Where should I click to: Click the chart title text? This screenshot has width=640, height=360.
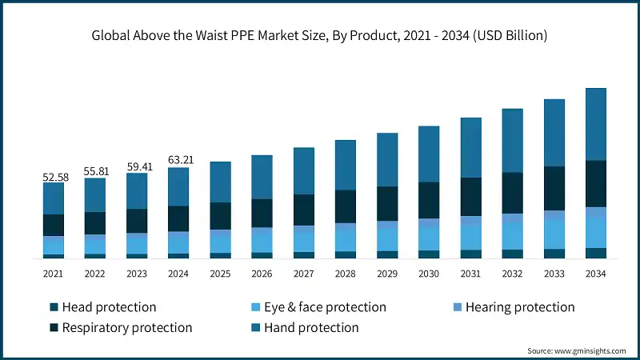320,34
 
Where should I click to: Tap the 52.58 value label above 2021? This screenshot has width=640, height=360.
54,176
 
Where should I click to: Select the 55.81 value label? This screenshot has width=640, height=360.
96,171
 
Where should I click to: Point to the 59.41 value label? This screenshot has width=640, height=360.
138,166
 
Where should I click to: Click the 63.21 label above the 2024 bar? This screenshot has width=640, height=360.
179,161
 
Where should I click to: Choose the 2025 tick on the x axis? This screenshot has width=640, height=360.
220,274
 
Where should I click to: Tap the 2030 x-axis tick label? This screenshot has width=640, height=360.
429,274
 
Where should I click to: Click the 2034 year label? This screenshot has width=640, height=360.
596,274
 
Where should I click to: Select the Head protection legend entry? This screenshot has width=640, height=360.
109,307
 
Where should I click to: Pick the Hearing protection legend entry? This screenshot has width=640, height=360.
519,307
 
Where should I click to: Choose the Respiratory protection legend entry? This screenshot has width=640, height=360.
126,327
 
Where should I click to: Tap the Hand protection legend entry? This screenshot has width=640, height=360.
310,327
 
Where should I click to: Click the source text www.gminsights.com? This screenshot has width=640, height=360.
579,350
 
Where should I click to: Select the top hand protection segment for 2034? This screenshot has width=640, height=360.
596,124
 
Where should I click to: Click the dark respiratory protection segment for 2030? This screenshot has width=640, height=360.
429,200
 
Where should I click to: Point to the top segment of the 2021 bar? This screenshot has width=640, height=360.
54,198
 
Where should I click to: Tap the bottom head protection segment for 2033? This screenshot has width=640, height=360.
554,254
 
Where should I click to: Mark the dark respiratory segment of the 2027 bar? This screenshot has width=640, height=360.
304,210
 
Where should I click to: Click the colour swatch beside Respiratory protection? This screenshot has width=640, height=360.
54,328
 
